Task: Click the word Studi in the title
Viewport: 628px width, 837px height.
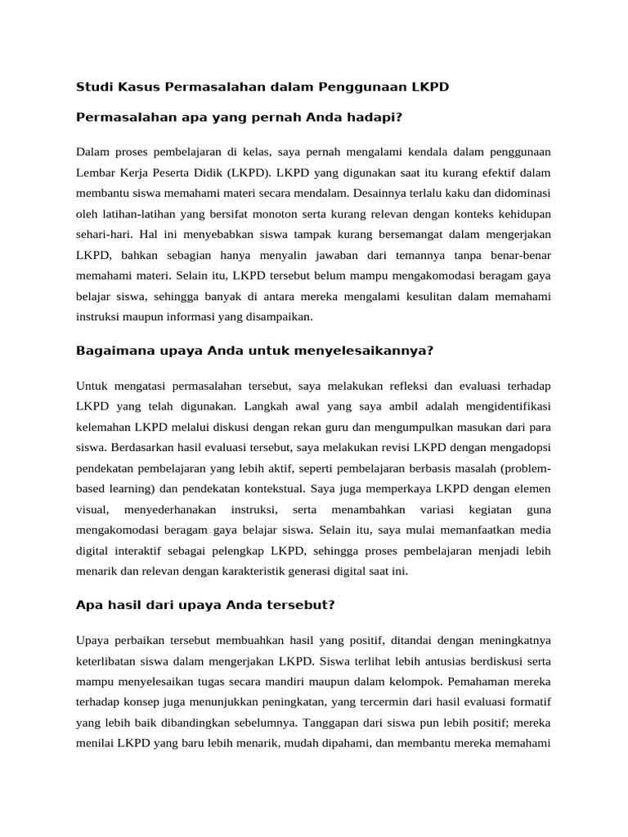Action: pyautogui.click(x=92, y=86)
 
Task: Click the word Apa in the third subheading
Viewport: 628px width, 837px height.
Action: pyautogui.click(x=89, y=606)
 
